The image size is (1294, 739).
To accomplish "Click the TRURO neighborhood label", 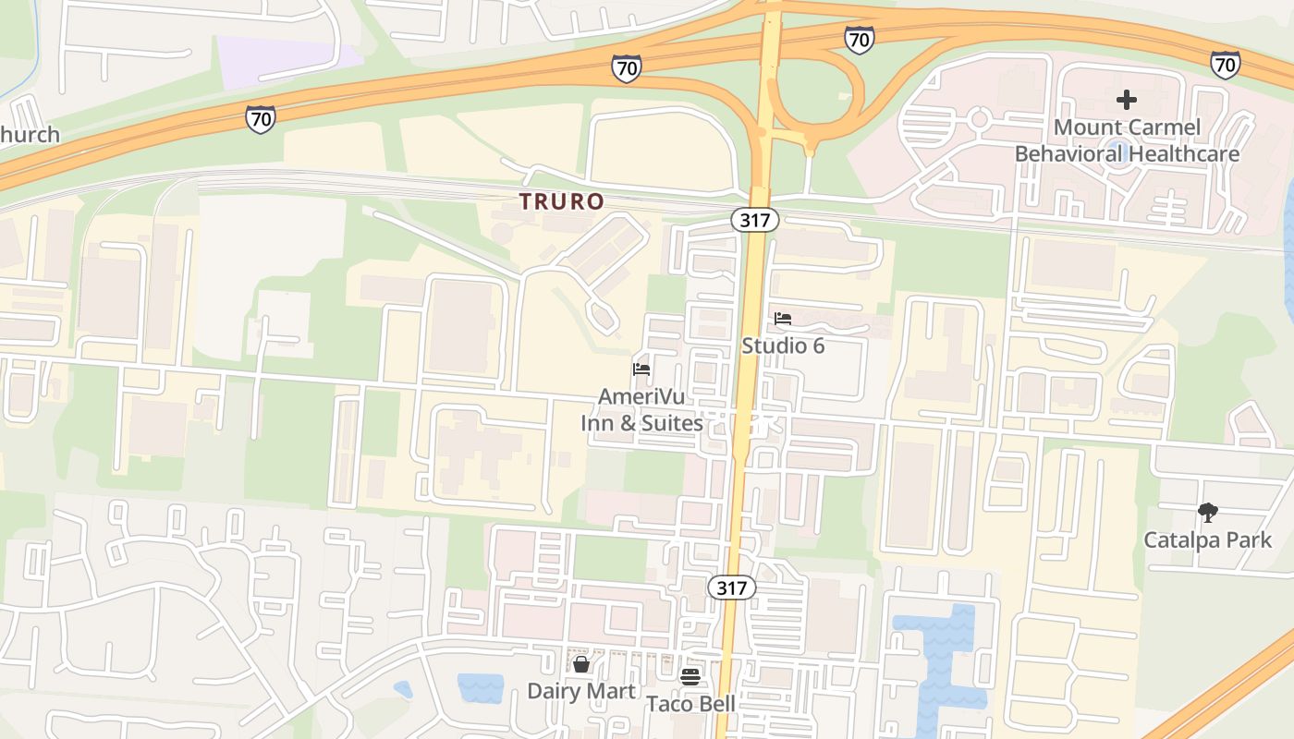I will (x=561, y=201).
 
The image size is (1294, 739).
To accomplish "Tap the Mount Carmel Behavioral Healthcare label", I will (x=1127, y=140).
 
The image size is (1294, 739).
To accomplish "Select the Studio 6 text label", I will (x=783, y=345).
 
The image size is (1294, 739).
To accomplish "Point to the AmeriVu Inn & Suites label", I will (x=641, y=409).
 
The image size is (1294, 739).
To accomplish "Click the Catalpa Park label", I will (x=1207, y=539).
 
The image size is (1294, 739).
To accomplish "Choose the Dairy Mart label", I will (x=580, y=691).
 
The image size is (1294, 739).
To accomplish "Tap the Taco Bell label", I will (x=690, y=704).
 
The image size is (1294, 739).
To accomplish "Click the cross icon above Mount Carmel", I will (x=1127, y=100).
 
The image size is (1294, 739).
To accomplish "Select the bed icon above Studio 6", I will (x=783, y=319).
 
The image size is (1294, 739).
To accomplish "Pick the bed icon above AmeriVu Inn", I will (x=641, y=369).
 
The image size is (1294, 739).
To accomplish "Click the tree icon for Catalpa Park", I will (x=1207, y=513).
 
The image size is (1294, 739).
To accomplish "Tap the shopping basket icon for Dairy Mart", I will (x=580, y=664).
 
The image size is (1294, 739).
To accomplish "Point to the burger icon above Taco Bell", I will (x=690, y=677).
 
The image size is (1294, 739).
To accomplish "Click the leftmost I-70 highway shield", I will (x=261, y=118).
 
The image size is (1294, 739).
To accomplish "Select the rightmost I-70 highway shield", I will (x=1225, y=65).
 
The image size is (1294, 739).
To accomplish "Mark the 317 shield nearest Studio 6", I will (x=755, y=220).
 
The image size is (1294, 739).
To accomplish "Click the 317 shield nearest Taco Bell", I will (x=732, y=588).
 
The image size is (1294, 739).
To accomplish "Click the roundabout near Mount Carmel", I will (x=980, y=119).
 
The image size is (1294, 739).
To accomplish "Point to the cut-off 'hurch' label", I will (x=30, y=135).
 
